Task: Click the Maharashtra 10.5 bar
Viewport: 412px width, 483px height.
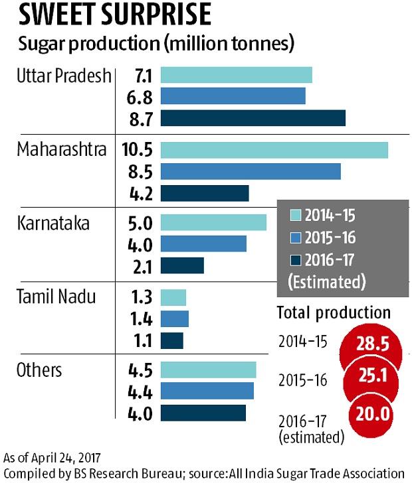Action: coord(274,150)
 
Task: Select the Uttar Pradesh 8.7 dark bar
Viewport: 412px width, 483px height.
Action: coord(253,117)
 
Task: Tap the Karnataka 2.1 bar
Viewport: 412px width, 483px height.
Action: coord(182,266)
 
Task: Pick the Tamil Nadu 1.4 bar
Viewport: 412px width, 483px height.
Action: coord(175,319)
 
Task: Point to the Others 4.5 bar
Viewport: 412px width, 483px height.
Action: coord(208,370)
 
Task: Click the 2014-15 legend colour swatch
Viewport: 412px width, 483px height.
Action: coord(295,216)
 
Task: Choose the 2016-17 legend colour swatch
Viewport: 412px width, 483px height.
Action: coord(295,259)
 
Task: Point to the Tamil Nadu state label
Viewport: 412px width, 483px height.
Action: coord(57,297)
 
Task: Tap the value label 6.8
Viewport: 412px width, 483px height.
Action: coord(142,97)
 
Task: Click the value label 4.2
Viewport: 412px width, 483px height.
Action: coord(142,193)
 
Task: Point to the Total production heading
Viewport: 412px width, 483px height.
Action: coord(334,312)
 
